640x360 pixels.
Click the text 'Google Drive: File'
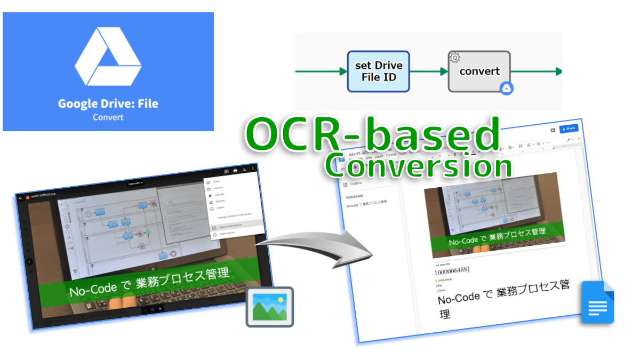[108, 103]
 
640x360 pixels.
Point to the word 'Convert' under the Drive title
[108, 117]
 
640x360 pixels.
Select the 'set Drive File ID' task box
[378, 71]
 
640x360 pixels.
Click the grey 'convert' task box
[479, 71]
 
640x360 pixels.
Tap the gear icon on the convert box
[455, 58]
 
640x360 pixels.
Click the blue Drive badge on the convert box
[506, 89]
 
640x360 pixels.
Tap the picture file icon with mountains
[269, 307]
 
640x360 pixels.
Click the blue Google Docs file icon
[597, 302]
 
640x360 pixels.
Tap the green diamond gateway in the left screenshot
[148, 233]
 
